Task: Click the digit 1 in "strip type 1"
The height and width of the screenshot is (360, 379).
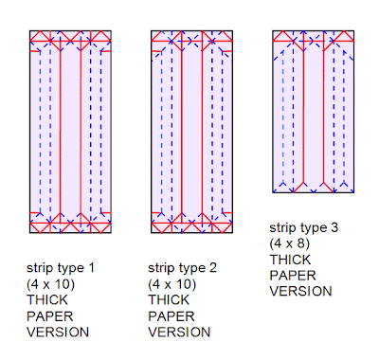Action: pos(92,268)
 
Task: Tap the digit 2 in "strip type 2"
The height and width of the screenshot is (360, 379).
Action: pos(213,268)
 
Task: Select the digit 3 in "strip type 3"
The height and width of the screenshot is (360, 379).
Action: pos(334,227)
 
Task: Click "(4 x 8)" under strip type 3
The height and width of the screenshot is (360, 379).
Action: pos(290,243)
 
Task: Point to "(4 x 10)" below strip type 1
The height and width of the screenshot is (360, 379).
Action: pos(51,284)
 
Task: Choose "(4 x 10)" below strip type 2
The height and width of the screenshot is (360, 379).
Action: pos(172,284)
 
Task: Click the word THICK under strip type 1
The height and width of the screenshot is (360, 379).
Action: pos(47,300)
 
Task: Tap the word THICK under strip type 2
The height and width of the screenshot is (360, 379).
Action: pos(169,300)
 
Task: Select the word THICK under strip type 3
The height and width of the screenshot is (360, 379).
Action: pos(290,260)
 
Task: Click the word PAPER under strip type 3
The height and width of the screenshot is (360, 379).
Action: pos(293,276)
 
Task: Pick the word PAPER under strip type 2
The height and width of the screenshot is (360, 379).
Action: pos(171,316)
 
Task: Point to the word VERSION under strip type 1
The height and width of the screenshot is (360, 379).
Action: pos(58,333)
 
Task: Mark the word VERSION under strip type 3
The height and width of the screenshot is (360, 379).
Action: pos(300,292)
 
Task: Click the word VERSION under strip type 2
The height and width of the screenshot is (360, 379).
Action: pos(179,333)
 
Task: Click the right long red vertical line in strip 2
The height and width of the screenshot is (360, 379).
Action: pos(202,132)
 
